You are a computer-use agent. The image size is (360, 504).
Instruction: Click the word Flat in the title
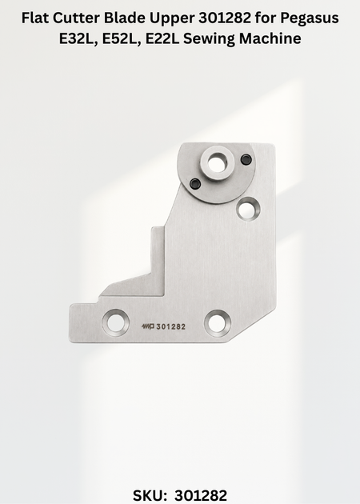34,18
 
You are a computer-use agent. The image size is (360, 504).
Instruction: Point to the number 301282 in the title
225,18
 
